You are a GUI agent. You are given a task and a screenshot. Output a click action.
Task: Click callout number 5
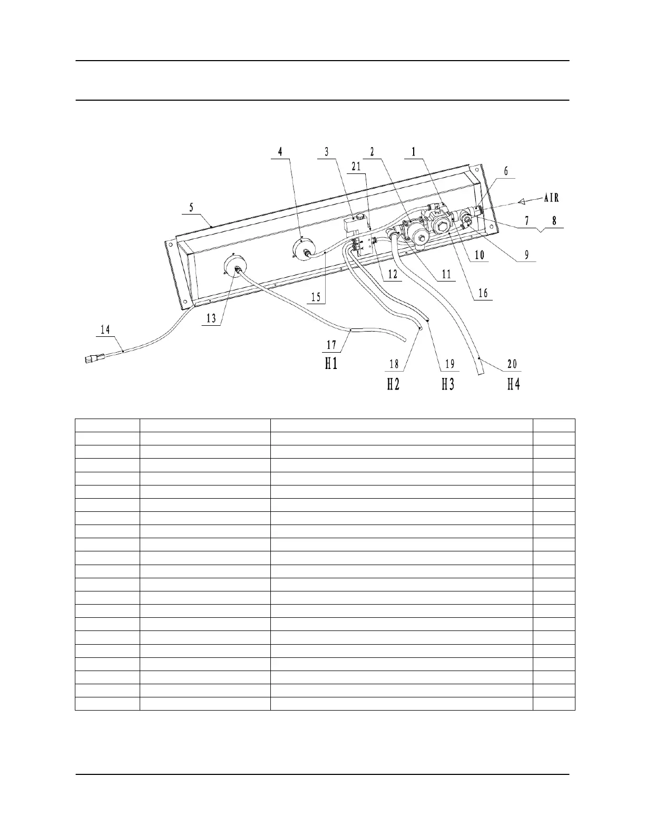[192, 208]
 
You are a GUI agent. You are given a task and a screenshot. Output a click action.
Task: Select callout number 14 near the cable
[106, 329]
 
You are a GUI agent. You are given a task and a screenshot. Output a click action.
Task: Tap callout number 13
[211, 318]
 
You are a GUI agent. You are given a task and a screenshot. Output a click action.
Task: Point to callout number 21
[357, 167]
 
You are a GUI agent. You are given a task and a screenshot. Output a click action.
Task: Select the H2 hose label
[394, 384]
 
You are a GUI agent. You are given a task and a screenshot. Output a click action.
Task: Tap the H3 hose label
[448, 384]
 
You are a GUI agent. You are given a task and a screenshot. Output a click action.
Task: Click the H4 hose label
[513, 384]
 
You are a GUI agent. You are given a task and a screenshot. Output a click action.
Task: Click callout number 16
[483, 294]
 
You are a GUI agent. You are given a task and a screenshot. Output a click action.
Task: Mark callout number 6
[506, 171]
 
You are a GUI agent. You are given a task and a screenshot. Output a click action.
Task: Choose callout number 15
[316, 297]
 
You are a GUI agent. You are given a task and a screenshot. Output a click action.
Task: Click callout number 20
[512, 364]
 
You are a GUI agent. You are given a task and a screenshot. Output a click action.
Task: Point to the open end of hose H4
[480, 373]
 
